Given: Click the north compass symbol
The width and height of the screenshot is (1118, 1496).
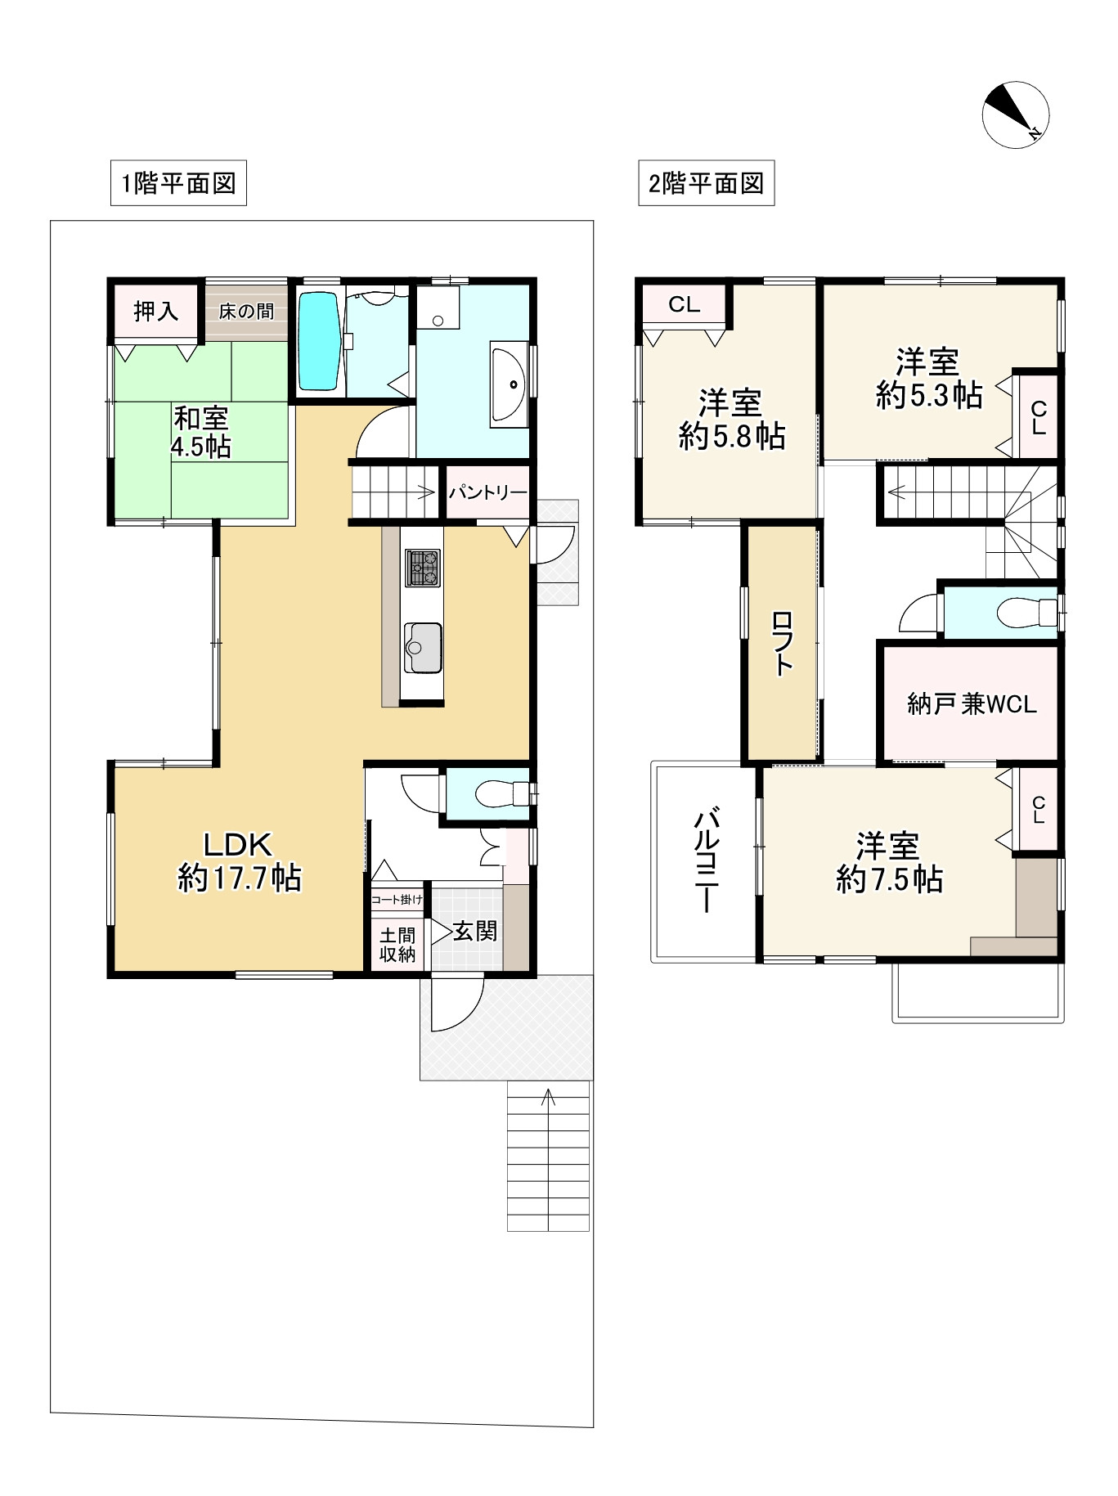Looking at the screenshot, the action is click(1015, 115).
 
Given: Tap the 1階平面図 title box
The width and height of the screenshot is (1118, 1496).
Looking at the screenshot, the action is click(178, 182).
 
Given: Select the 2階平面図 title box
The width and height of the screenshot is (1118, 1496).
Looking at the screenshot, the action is click(706, 182).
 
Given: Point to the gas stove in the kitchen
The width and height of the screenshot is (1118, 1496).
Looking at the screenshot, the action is click(422, 567).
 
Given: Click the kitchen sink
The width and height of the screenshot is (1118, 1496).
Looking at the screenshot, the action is click(422, 648).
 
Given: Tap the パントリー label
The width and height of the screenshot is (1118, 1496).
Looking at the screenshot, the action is click(487, 492).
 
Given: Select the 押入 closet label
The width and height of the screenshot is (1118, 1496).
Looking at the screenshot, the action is click(155, 311).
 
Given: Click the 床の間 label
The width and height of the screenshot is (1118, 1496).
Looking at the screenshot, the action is click(246, 312).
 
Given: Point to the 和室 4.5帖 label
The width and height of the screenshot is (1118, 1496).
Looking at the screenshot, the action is click(201, 433).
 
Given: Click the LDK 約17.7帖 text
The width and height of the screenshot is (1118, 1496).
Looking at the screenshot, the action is click(239, 861).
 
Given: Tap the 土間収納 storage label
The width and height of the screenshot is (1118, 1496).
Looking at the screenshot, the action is click(397, 944).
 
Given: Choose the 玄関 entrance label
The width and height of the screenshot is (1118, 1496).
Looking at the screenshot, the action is click(475, 931).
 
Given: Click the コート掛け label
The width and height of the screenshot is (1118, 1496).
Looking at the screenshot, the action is click(397, 900).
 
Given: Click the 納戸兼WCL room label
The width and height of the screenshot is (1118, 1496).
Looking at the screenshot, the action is click(972, 703).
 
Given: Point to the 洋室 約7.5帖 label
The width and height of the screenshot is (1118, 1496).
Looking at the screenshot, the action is click(889, 862).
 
